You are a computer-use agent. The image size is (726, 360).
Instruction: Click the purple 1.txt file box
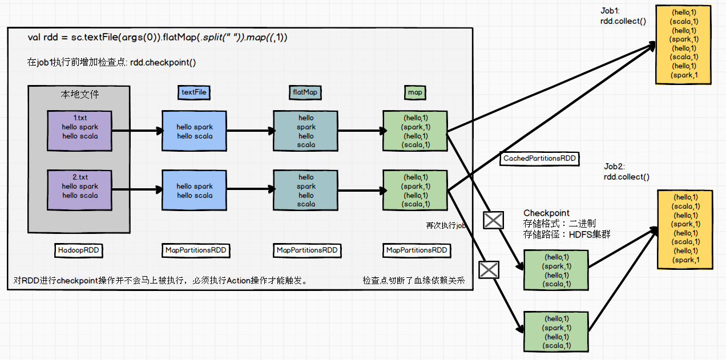[79, 131]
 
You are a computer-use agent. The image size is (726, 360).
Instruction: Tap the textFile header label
[194, 92]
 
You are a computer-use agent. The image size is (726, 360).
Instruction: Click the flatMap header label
[305, 92]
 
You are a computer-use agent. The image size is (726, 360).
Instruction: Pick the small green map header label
[415, 92]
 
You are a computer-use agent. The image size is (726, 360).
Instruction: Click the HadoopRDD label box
[80, 250]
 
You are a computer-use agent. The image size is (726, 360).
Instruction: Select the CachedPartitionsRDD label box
[539, 158]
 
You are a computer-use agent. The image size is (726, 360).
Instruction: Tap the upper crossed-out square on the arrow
[493, 220]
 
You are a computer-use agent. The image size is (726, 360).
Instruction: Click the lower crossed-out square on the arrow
[489, 269]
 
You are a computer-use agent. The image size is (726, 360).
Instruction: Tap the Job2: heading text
[615, 166]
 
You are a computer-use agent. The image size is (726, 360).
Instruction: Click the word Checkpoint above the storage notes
[546, 213]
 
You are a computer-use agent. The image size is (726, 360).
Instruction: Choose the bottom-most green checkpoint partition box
[556, 331]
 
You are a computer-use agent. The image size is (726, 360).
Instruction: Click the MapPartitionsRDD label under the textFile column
[195, 250]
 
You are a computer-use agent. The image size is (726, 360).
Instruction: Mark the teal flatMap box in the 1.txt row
[306, 131]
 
